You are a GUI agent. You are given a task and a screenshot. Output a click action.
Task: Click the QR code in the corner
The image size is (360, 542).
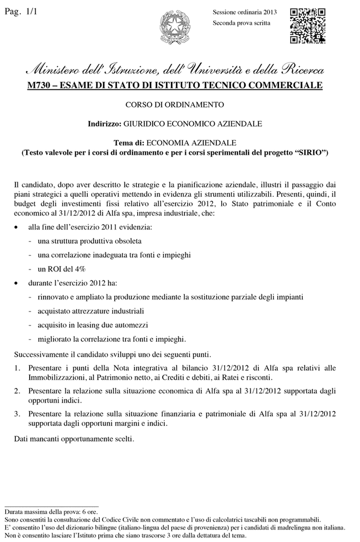click(308, 25)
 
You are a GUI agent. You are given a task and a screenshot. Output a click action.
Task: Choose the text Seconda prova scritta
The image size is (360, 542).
click(241, 23)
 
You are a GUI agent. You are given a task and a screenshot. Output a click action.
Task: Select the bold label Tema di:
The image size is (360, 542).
click(129, 143)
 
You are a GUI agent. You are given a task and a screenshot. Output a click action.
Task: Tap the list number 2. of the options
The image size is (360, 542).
click(17, 391)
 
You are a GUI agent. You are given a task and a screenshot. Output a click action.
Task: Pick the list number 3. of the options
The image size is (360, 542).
click(17, 413)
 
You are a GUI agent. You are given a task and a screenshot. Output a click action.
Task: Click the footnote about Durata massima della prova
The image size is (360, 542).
click(51, 512)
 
